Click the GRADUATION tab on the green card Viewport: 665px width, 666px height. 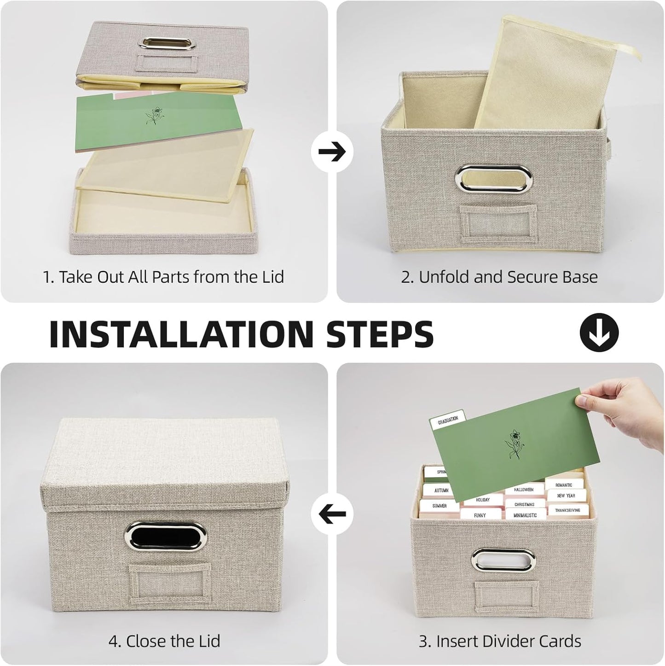[x=448, y=420]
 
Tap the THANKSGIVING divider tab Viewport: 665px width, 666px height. [x=567, y=510]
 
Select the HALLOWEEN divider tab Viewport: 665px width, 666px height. [x=524, y=490]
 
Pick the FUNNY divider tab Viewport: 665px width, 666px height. [x=480, y=515]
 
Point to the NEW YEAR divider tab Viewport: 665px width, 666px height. [x=566, y=496]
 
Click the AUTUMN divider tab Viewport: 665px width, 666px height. [x=441, y=491]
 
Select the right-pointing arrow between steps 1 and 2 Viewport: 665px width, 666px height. [x=332, y=152]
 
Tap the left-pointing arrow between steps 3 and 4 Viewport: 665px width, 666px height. [x=332, y=514]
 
